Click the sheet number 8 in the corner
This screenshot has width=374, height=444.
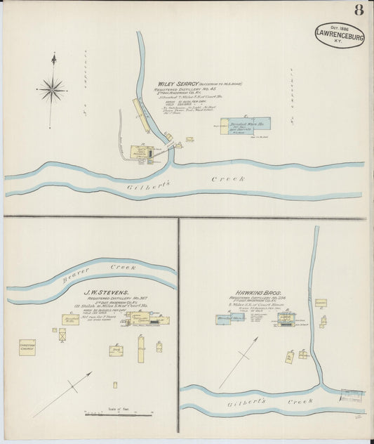click(359, 10)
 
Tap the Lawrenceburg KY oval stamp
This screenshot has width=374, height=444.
click(340, 35)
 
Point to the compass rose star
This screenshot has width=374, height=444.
click(52, 89)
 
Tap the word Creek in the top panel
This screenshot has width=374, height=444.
click(228, 180)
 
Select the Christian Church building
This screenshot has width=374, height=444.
click(27, 346)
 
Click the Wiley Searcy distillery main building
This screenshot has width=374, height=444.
click(142, 152)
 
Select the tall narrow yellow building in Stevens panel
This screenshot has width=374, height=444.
click(140, 349)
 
